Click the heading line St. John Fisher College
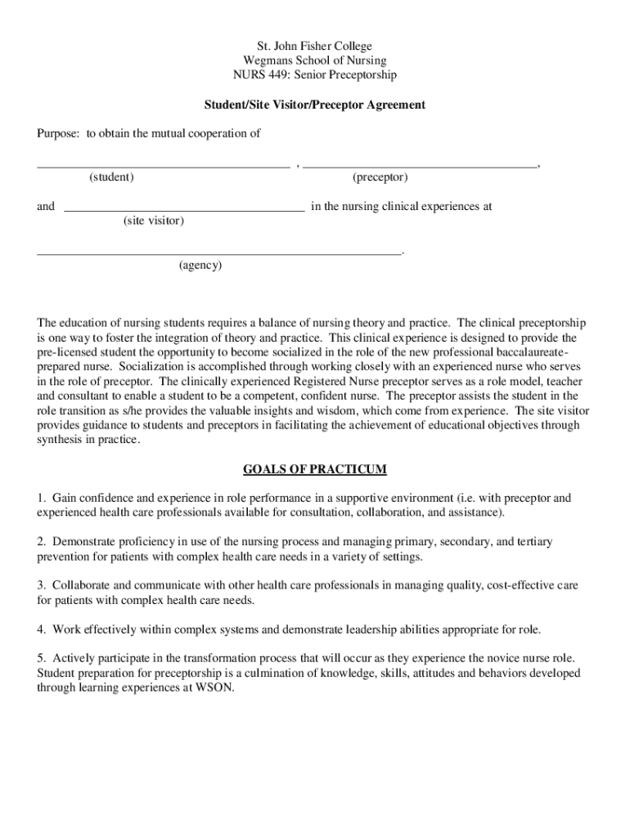pos(314,47)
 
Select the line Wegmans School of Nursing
pos(314,60)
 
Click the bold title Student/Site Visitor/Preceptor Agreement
pos(314,105)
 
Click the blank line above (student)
pos(163,165)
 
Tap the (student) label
pos(112,177)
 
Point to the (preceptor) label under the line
pos(380,177)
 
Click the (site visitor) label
pos(154,222)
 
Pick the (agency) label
pos(200,266)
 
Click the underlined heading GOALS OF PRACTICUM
pos(314,470)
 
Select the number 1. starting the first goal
pos(42,498)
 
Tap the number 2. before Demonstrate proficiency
pos(42,542)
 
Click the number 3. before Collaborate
pos(42,585)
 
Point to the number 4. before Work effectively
pos(42,629)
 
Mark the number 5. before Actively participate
pos(42,658)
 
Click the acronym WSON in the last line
pos(215,688)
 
